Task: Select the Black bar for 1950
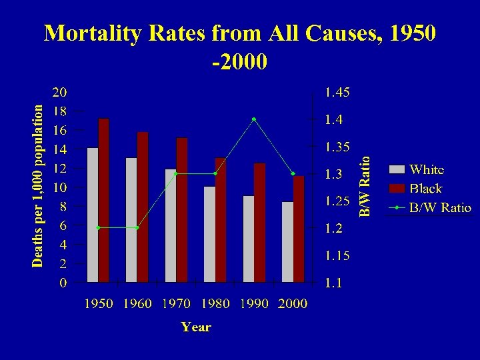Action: (103, 200)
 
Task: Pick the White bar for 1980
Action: (209, 234)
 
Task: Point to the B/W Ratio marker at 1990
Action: (254, 119)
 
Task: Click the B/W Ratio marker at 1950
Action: (98, 228)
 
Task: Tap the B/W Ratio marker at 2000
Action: (293, 174)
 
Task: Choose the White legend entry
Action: (427, 169)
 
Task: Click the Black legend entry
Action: (425, 189)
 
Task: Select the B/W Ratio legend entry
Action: (440, 208)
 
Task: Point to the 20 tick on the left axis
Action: (59, 91)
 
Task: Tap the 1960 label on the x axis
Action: (137, 304)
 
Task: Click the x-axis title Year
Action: (195, 327)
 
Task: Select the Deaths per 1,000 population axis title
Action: (39, 185)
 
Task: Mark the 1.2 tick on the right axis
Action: (334, 229)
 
